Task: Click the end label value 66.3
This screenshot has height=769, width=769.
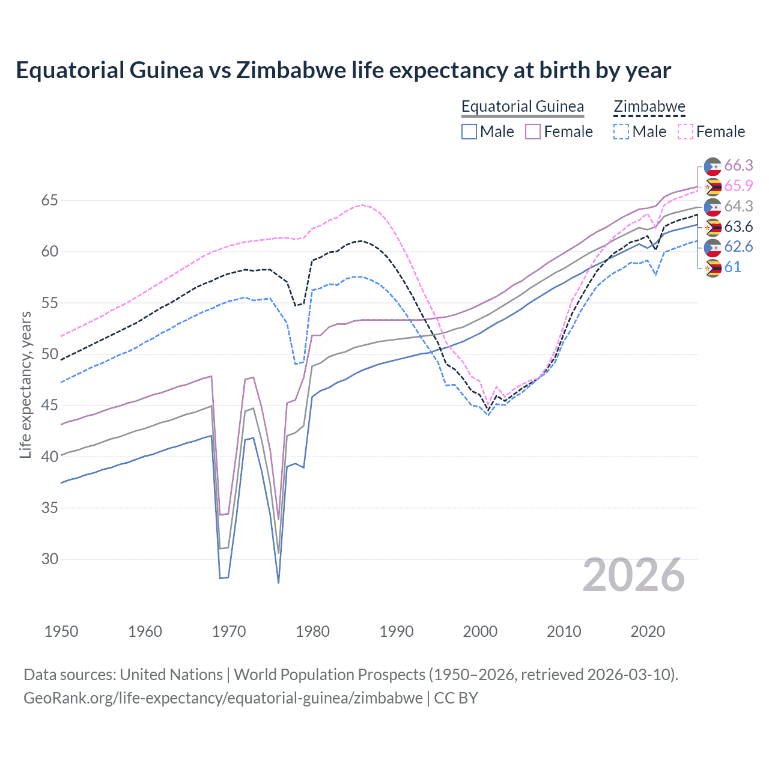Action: pyautogui.click(x=738, y=166)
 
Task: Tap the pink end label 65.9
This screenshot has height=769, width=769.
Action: pyautogui.click(x=738, y=186)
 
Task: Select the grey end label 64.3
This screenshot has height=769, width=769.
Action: pyautogui.click(x=738, y=207)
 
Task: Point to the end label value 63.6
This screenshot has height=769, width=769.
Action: pyautogui.click(x=738, y=227)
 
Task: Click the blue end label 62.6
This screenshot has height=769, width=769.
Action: pyautogui.click(x=738, y=247)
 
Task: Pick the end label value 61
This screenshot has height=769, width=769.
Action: pyautogui.click(x=732, y=267)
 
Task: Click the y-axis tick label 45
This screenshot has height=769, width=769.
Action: pyautogui.click(x=50, y=406)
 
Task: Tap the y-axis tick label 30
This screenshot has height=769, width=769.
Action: pyautogui.click(x=50, y=559)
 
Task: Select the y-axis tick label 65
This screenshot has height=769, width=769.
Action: pyautogui.click(x=50, y=201)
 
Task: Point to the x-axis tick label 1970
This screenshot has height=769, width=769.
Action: pyautogui.click(x=229, y=631)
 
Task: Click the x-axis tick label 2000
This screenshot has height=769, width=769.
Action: pyautogui.click(x=480, y=631)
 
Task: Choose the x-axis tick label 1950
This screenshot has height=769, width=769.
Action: pyautogui.click(x=61, y=631)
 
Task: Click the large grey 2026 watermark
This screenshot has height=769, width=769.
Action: pyautogui.click(x=633, y=576)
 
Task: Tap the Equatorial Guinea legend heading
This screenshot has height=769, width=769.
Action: pyautogui.click(x=522, y=107)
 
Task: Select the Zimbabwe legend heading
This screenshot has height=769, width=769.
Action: pyautogui.click(x=649, y=107)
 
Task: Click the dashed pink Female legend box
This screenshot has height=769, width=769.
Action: pyautogui.click(x=685, y=132)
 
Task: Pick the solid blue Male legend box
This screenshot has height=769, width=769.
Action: pyautogui.click(x=469, y=132)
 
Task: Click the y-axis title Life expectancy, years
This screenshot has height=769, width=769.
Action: pyautogui.click(x=25, y=384)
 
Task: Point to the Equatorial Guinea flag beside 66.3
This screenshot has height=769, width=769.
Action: pyautogui.click(x=713, y=166)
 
